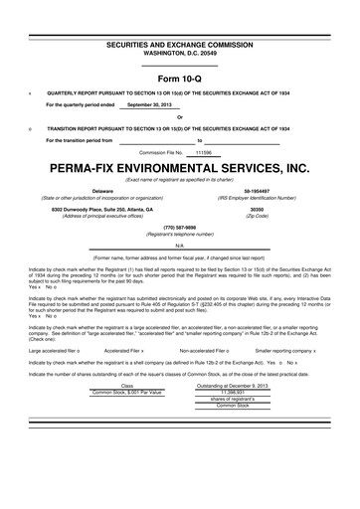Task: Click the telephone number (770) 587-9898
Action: pyautogui.click(x=180, y=226)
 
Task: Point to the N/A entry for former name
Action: pyautogui.click(x=180, y=245)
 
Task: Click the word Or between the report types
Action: pyautogui.click(x=180, y=117)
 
